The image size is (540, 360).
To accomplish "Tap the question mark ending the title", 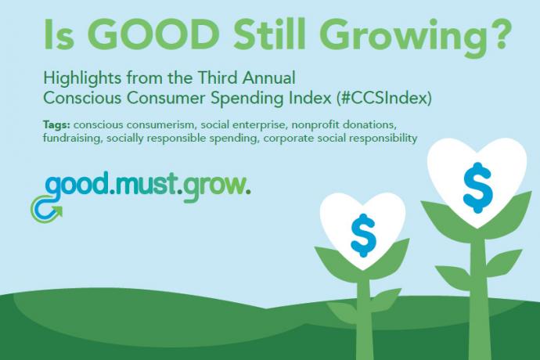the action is coord(498,34).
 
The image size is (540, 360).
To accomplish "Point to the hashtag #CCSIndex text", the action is coord(383,99).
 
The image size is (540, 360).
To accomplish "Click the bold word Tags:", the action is coord(56,125).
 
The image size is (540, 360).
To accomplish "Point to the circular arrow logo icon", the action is coord(46,209).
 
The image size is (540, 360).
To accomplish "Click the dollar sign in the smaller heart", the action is coord(363,236).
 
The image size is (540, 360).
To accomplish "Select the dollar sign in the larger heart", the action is coord(477,188).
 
